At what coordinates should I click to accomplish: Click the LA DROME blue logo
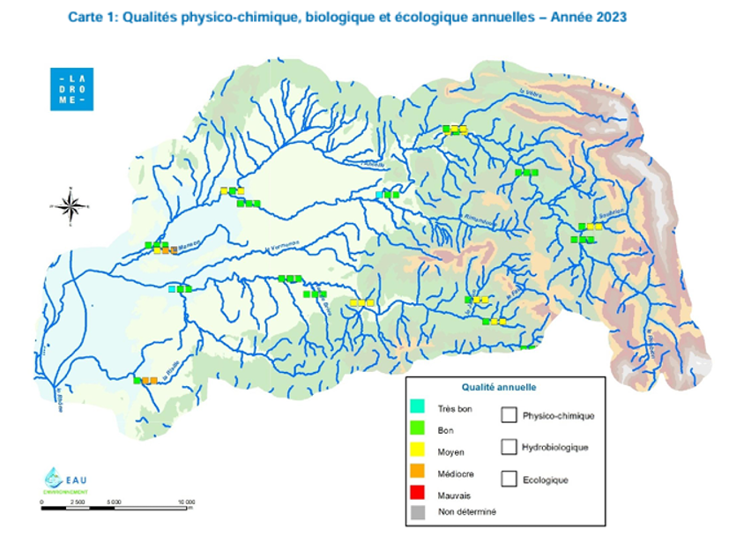coord(71,88)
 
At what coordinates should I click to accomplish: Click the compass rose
coord(72,205)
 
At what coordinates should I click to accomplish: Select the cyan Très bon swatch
coord(419,407)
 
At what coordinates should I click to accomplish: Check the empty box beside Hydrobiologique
coord(508,447)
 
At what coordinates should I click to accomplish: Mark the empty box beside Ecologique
coord(508,480)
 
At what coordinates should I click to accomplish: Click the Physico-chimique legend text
coord(557,415)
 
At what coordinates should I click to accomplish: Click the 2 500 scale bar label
coord(78,501)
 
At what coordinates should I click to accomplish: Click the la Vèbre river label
coord(529,93)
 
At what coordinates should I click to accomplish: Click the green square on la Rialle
coord(138,381)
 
